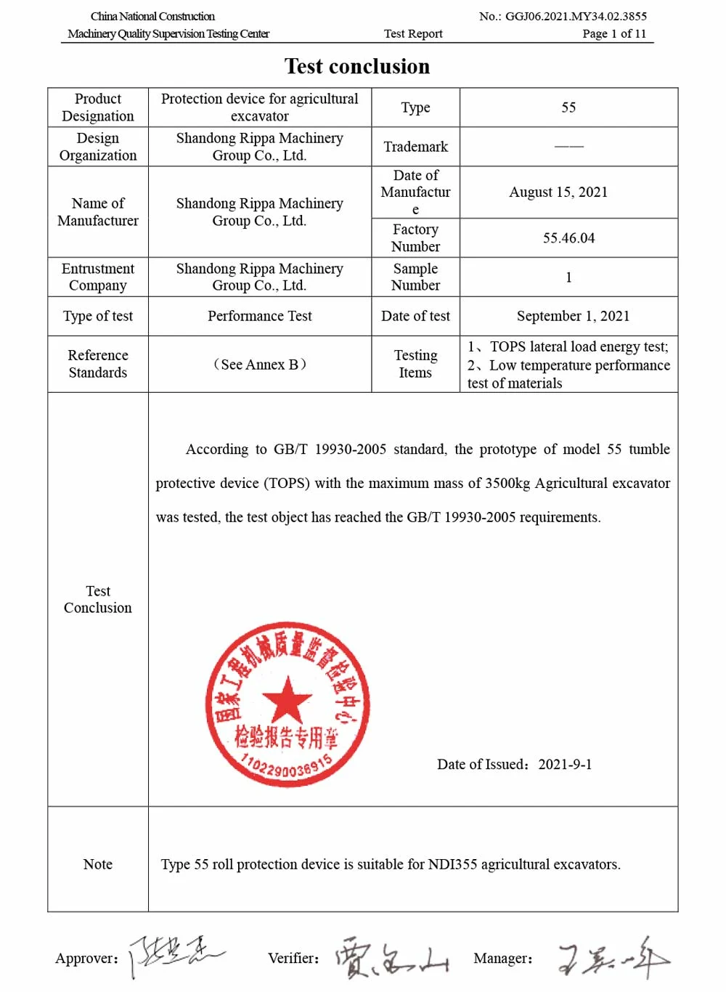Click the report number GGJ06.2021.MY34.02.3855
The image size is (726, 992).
click(x=576, y=16)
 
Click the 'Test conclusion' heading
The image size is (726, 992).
click(x=357, y=67)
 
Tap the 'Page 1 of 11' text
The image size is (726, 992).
click(x=614, y=33)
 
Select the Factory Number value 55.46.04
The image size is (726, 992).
click(x=568, y=238)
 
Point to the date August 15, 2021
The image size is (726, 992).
click(x=558, y=192)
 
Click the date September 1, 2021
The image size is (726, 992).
click(x=573, y=316)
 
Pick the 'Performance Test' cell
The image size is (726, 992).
click(x=259, y=316)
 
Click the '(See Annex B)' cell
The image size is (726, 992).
click(x=259, y=365)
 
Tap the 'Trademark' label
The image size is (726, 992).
click(x=415, y=147)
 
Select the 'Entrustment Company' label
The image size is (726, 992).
click(x=98, y=277)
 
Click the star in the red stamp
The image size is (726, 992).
click(x=287, y=699)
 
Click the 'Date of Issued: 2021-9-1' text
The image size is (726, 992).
click(x=514, y=765)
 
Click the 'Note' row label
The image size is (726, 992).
click(x=98, y=864)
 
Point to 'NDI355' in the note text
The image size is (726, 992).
click(x=452, y=864)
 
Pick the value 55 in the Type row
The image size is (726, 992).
click(x=568, y=107)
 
